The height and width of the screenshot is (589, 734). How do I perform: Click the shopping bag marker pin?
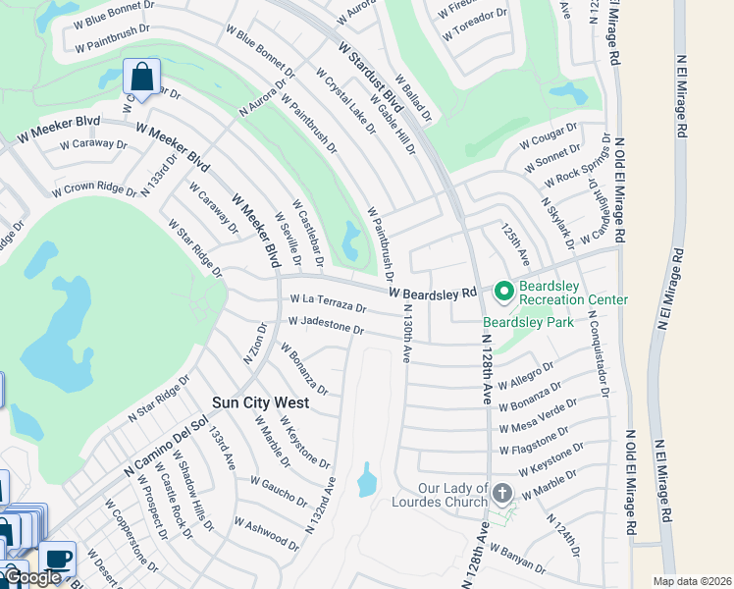click(142, 77)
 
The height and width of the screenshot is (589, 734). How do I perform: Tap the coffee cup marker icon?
click(58, 558)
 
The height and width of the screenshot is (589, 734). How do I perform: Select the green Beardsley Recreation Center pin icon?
click(504, 292)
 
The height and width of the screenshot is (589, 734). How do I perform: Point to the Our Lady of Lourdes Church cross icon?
click(502, 494)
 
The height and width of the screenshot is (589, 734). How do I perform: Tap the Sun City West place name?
click(261, 402)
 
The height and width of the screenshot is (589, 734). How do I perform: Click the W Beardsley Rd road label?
click(432, 293)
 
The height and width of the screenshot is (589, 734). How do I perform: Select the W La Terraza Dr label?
click(328, 303)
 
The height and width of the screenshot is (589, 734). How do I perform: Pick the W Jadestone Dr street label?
click(327, 325)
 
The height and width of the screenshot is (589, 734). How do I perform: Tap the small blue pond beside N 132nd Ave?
click(367, 480)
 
